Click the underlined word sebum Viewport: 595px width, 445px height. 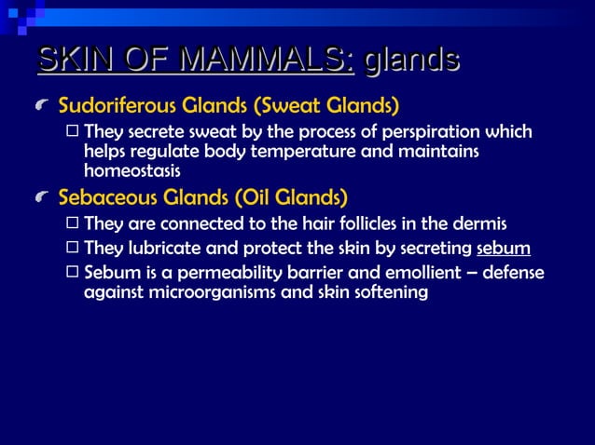[503, 249]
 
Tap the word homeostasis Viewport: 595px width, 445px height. [131, 171]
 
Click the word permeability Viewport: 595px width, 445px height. [233, 274]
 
